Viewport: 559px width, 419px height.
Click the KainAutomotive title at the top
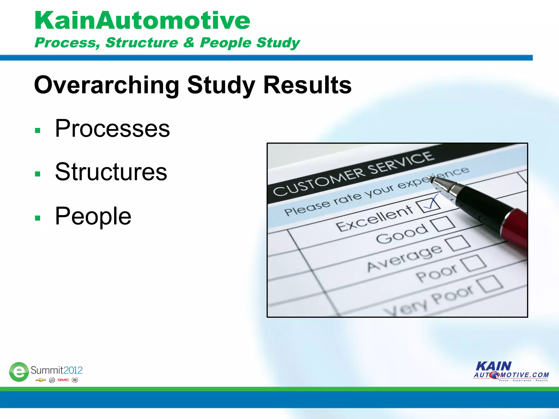click(142, 21)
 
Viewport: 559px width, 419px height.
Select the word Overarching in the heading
click(106, 85)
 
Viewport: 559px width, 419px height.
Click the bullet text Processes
click(112, 128)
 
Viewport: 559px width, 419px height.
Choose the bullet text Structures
click(111, 172)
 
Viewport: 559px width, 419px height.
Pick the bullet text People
click(93, 216)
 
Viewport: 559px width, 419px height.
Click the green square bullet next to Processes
click(38, 130)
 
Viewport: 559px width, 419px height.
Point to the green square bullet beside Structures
click(38, 174)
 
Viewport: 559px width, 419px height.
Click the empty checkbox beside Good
click(443, 224)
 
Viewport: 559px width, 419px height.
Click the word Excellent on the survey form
click(374, 218)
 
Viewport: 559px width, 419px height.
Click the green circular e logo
click(19, 372)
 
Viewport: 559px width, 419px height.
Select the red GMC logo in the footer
click(63, 380)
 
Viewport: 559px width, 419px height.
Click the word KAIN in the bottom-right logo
click(494, 366)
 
